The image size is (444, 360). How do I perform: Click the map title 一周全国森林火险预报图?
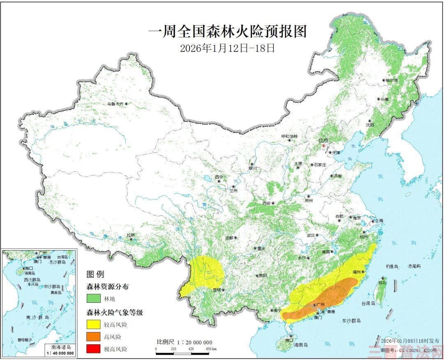tap(227, 32)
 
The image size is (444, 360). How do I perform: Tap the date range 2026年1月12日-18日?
tap(227, 48)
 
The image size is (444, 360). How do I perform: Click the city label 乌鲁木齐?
tap(115, 104)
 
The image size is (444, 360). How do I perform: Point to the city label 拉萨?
tap(131, 235)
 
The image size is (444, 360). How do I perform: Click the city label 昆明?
tap(217, 290)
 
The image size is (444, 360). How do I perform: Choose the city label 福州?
tap(356, 272)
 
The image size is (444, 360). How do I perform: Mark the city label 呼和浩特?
tap(289, 136)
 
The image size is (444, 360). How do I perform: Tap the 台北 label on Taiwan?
tap(382, 283)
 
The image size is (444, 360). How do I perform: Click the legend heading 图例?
tap(95, 274)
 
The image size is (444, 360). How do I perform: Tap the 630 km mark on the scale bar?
tap(210, 349)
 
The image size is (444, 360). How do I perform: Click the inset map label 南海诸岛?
tap(60, 347)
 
